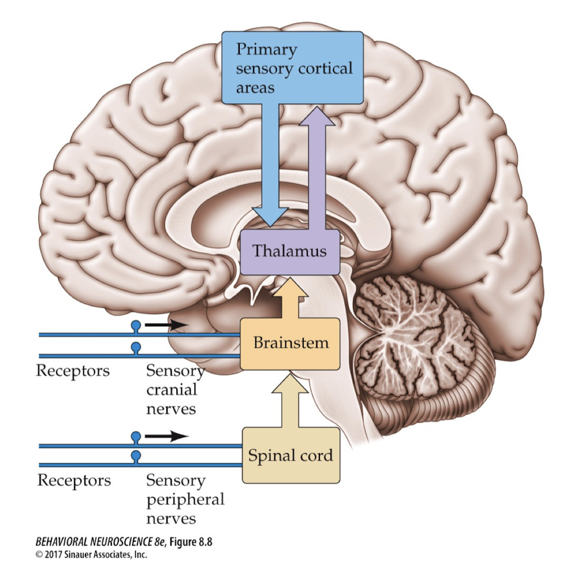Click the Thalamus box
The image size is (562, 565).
click(x=290, y=251)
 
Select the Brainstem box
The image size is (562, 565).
click(x=290, y=343)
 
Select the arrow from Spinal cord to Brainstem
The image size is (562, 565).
click(x=290, y=400)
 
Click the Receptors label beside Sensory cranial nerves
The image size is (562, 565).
click(x=73, y=371)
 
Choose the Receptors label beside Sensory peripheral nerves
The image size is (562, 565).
click(x=74, y=480)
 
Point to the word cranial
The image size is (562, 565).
click(x=172, y=390)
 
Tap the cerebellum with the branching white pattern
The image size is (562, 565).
click(x=413, y=334)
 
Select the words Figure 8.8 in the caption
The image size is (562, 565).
click(x=186, y=542)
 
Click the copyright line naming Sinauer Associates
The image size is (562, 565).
click(x=83, y=554)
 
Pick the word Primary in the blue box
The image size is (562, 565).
click(x=266, y=49)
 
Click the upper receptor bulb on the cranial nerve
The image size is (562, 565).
click(x=136, y=326)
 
